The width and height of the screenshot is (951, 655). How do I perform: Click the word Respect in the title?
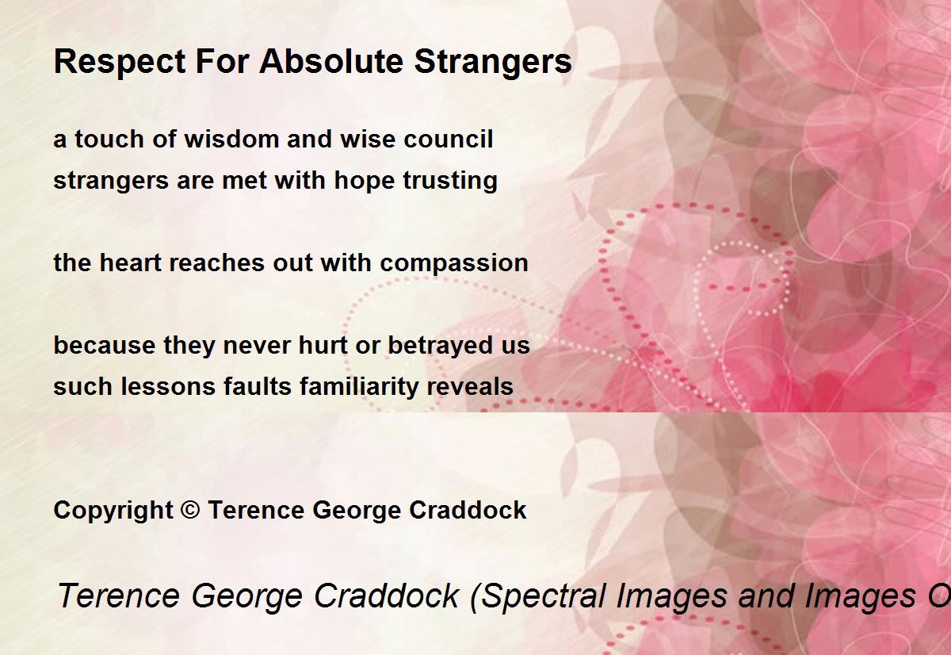[120, 62]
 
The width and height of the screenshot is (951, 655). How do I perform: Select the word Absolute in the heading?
[331, 61]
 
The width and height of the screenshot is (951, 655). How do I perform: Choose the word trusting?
[450, 181]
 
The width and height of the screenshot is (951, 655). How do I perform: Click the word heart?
[129, 262]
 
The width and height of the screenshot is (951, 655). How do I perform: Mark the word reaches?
[216, 262]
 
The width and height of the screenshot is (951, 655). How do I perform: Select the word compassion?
[454, 263]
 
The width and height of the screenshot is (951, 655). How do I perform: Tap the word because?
[105, 345]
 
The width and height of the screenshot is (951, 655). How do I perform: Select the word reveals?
[470, 386]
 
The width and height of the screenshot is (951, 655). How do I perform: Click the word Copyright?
[113, 511]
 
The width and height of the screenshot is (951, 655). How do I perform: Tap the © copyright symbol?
[190, 510]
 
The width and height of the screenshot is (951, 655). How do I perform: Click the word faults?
[258, 386]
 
